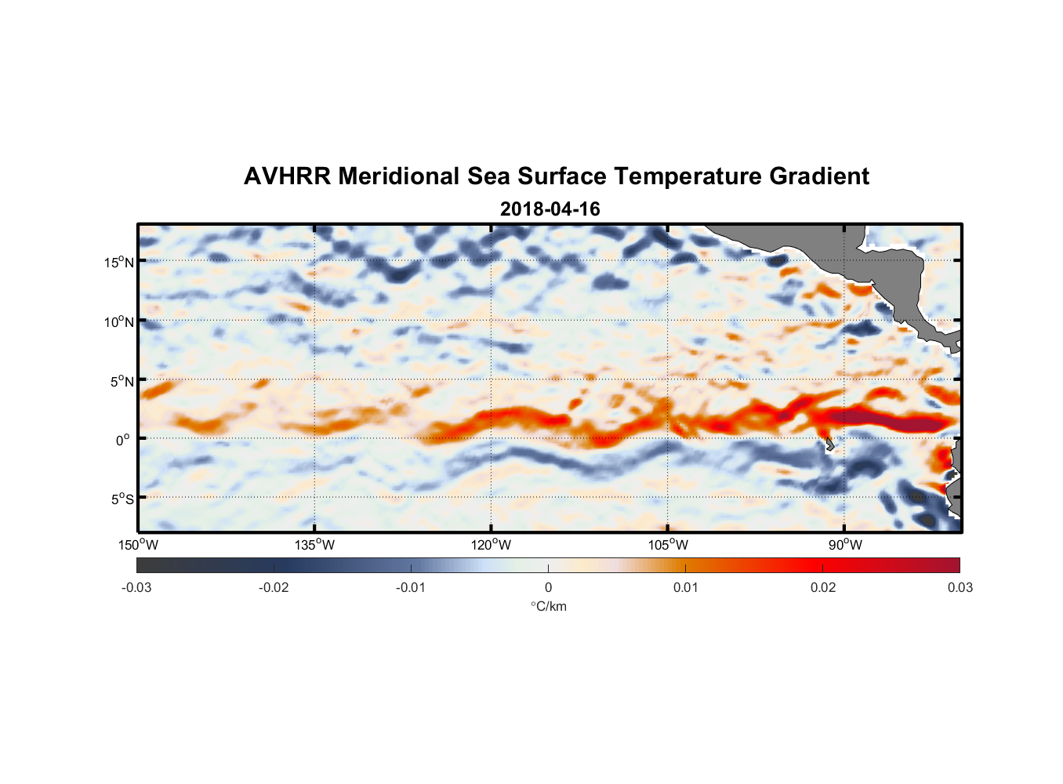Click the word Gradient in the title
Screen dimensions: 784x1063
click(819, 176)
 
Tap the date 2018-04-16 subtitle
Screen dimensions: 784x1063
click(550, 209)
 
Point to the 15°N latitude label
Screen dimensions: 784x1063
click(118, 262)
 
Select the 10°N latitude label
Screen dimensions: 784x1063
click(118, 321)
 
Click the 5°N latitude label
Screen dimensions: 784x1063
click(121, 381)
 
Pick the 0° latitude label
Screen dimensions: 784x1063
click(123, 441)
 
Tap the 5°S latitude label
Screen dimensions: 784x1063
click(121, 499)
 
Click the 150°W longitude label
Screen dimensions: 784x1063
click(139, 545)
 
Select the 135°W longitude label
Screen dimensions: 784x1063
click(315, 545)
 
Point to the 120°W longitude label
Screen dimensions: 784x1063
click(492, 545)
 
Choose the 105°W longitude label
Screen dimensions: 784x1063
click(668, 545)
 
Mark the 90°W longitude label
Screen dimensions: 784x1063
click(844, 545)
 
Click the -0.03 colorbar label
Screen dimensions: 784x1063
click(136, 587)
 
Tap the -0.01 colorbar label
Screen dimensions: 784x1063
click(411, 587)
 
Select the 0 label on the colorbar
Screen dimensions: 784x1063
click(548, 587)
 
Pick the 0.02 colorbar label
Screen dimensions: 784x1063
click(823, 587)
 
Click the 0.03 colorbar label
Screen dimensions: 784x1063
click(960, 587)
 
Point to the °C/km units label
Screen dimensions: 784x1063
click(549, 606)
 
